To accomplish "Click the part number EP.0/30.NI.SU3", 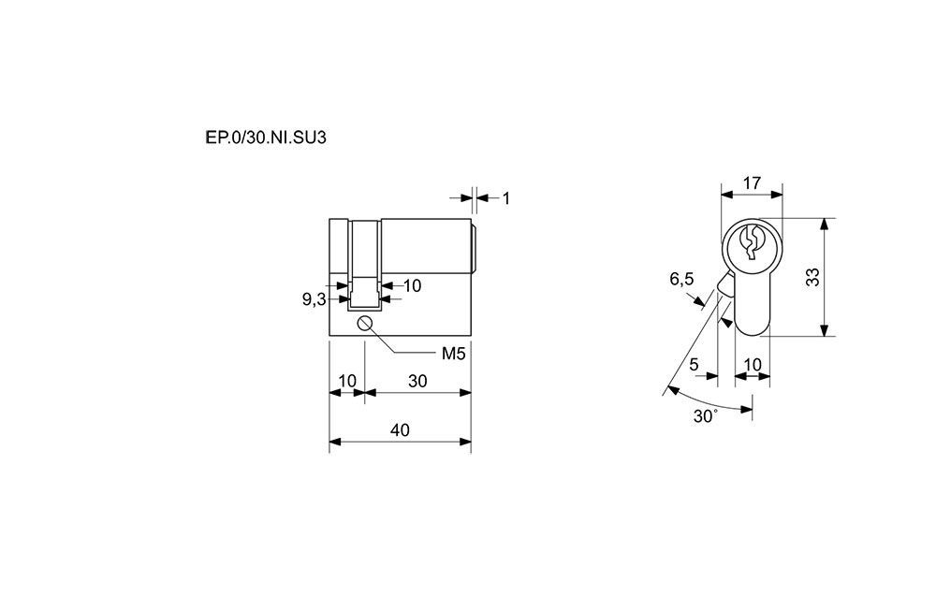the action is pyautogui.click(x=266, y=138).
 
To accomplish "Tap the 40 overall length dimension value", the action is pyautogui.click(x=400, y=429).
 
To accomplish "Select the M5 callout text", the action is pyautogui.click(x=453, y=354).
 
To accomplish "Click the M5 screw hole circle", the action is pyautogui.click(x=365, y=323).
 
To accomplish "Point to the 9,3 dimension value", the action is pyautogui.click(x=314, y=299).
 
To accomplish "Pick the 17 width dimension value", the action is pyautogui.click(x=753, y=182).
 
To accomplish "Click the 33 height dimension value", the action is pyautogui.click(x=812, y=277).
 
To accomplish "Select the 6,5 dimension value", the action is pyautogui.click(x=681, y=279).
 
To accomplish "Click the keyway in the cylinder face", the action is pyautogui.click(x=752, y=241).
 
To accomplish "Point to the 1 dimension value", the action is pyautogui.click(x=506, y=198).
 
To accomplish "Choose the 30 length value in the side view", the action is pyautogui.click(x=417, y=381).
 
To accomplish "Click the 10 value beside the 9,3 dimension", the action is pyautogui.click(x=412, y=286).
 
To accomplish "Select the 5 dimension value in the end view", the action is pyautogui.click(x=694, y=365).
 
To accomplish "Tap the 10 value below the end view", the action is pyautogui.click(x=753, y=365).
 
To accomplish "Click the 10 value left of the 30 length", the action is pyautogui.click(x=347, y=381).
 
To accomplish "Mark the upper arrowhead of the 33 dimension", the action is pyautogui.click(x=825, y=224).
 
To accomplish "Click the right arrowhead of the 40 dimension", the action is pyautogui.click(x=465, y=442).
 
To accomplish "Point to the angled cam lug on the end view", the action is pyautogui.click(x=726, y=283).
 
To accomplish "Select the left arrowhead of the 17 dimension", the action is pyautogui.click(x=727, y=194).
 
